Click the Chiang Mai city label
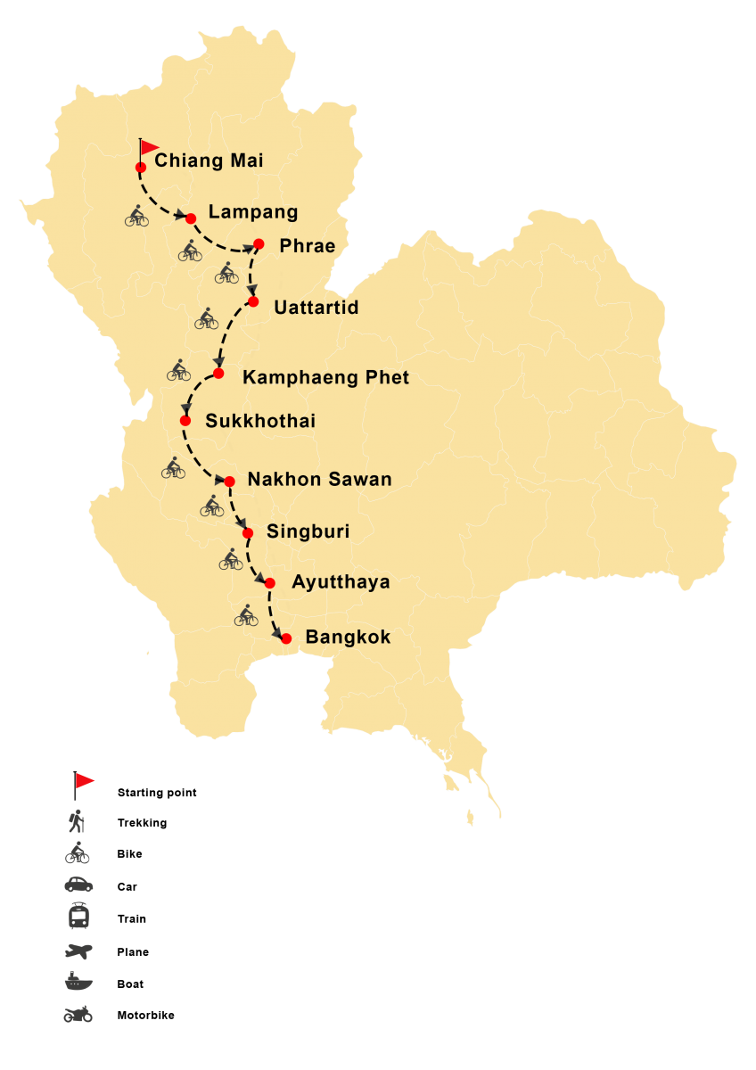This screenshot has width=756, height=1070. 209,160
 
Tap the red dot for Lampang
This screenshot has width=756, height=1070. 190,218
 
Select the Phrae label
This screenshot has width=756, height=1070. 308,246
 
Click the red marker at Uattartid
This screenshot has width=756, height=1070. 253,301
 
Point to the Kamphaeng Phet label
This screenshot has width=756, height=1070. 325,378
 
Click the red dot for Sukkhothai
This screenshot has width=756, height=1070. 185,420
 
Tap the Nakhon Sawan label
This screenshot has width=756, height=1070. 319,480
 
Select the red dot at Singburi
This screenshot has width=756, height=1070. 248,533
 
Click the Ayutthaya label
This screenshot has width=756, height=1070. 341,582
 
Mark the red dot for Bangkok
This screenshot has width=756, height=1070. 286,638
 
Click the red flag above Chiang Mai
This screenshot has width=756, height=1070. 149,147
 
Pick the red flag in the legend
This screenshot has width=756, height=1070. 84,782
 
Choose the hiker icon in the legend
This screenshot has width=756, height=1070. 78,820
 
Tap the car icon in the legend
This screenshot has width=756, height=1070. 78,885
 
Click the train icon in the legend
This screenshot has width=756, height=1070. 78,916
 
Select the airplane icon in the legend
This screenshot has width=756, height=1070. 78,951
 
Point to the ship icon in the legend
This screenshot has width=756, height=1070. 78,983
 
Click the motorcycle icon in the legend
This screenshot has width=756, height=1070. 78,1015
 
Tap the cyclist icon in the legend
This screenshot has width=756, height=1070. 78,854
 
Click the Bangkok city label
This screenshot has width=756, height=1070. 348,638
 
